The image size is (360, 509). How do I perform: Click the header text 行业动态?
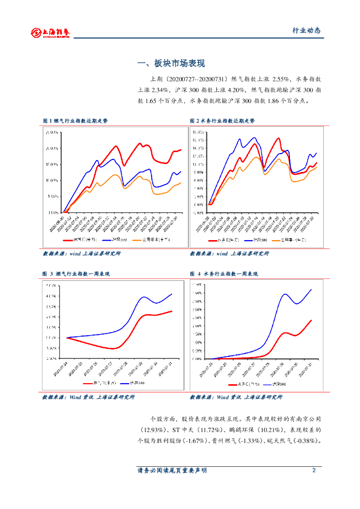[x=306, y=31]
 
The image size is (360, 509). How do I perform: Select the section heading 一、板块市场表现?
[x=171, y=64]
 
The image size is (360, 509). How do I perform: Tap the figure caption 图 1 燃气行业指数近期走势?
[x=75, y=121]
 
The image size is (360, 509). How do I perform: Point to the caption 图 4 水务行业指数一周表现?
[x=224, y=274]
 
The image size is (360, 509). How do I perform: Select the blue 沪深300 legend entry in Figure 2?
[x=259, y=240]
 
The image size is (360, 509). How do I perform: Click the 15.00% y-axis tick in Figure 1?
[x=52, y=165]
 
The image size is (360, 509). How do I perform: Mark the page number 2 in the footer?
[x=314, y=470]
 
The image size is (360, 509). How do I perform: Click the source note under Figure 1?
[x=82, y=254]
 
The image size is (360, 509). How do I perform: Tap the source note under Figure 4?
[x=236, y=397]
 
